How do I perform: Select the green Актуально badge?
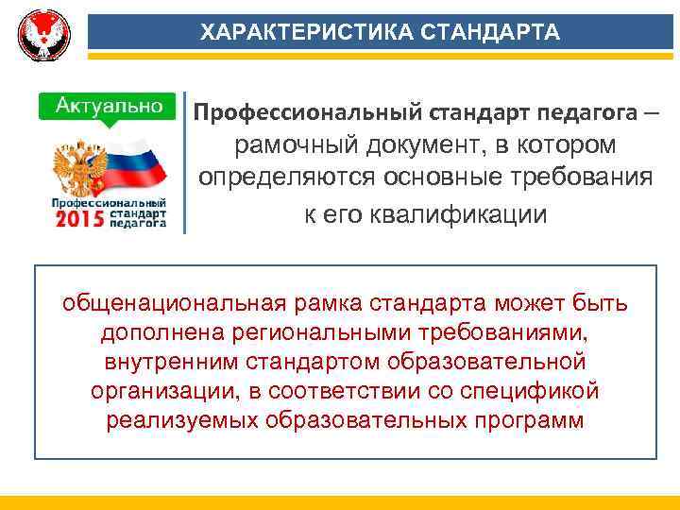click(107, 104)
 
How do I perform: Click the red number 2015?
click(79, 219)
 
